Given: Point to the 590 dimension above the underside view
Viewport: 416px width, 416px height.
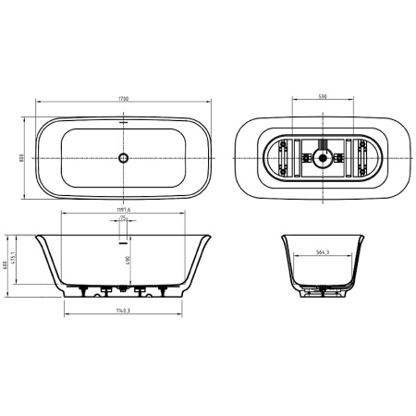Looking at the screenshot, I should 322,95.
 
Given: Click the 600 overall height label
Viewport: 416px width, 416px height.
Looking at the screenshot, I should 6,264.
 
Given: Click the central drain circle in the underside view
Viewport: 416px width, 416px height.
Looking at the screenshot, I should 322,157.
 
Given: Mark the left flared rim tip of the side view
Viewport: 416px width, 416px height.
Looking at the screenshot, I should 38,235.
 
